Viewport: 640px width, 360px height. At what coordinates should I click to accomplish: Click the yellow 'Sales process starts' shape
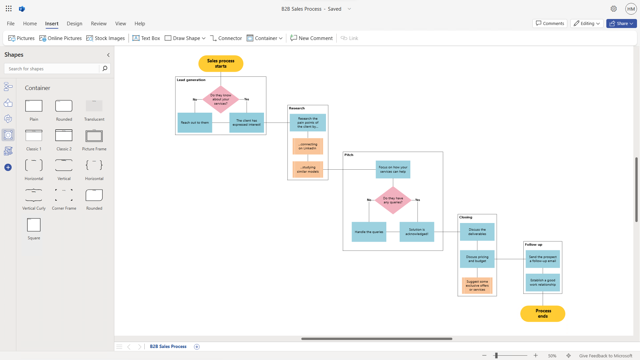[x=221, y=63]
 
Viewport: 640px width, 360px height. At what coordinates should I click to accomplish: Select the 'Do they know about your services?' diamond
[x=221, y=99]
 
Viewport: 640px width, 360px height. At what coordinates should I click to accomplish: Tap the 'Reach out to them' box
[x=195, y=123]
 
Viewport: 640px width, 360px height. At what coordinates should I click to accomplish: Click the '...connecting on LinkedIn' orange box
[x=308, y=146]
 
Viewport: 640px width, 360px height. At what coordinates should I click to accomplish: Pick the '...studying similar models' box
[x=308, y=169]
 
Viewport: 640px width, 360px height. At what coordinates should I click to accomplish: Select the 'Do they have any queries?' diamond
[x=393, y=200]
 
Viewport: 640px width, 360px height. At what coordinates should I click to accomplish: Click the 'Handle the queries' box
[x=369, y=232]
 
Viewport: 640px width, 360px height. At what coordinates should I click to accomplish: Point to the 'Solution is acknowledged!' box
[x=417, y=232]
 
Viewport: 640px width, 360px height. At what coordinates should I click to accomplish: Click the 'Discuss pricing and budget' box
[x=477, y=259]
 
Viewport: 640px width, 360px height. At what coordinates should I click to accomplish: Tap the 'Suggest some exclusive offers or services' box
[x=477, y=286]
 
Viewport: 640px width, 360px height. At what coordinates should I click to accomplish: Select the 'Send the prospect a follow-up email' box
[x=543, y=259]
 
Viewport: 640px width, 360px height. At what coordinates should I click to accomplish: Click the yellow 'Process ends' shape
[x=543, y=314]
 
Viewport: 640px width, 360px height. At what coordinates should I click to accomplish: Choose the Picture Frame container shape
[x=94, y=136]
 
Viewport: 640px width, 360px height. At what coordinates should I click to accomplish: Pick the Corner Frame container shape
[x=64, y=195]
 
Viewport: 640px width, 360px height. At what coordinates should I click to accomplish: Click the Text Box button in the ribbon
[x=146, y=38]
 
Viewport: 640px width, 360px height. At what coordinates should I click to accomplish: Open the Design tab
[x=74, y=24]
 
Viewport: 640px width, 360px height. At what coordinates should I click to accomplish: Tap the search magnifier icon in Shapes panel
[x=105, y=69]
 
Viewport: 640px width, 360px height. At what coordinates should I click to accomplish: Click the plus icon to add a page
[x=197, y=347]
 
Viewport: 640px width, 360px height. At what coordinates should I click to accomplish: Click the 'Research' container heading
[x=297, y=108]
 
